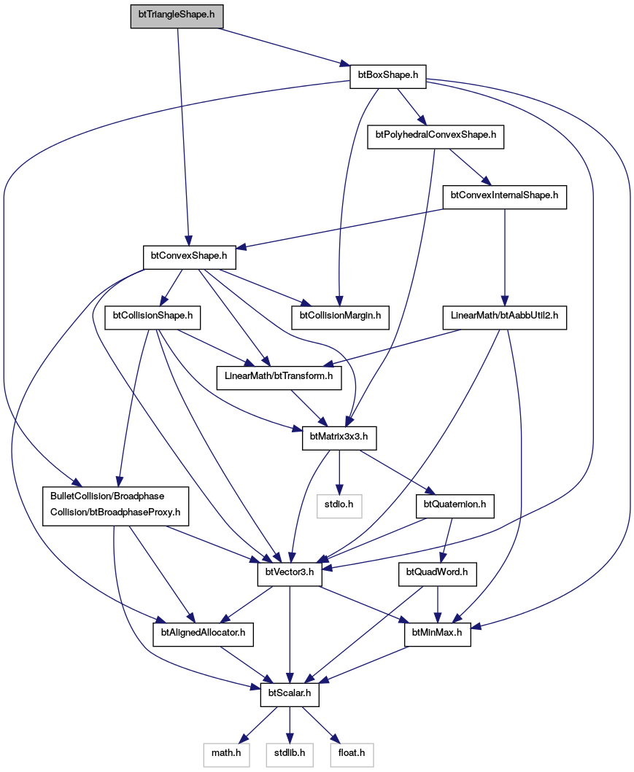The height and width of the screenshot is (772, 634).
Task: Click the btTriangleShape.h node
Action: pyautogui.click(x=177, y=15)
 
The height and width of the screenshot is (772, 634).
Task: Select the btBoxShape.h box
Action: pyautogui.click(x=387, y=75)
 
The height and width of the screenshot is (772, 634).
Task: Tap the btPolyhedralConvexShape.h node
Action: pyautogui.click(x=436, y=135)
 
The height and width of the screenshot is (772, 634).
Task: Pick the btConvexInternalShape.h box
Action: pyautogui.click(x=504, y=195)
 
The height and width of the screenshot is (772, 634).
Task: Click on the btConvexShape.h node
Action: pyautogui.click(x=189, y=256)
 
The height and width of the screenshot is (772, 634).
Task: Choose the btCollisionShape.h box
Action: pyautogui.click(x=152, y=316)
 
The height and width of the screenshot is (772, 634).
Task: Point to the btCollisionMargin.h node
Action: pyautogui.click(x=341, y=316)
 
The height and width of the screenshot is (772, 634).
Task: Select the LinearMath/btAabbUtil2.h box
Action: pyautogui.click(x=504, y=316)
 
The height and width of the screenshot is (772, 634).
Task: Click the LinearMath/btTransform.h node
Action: pyautogui.click(x=279, y=377)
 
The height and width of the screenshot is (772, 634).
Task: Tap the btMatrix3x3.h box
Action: pyautogui.click(x=339, y=437)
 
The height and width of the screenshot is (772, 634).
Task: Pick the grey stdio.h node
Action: pyautogui.click(x=339, y=505)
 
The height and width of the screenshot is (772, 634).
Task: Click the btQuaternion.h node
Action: pyautogui.click(x=455, y=505)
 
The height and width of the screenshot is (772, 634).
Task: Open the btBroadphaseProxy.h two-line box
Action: pyautogui.click(x=115, y=506)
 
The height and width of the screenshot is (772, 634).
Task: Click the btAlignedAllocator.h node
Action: pyautogui.click(x=203, y=633)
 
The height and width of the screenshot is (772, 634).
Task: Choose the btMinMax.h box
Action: pyautogui.click(x=437, y=633)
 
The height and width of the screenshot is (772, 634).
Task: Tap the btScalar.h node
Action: pyautogui.click(x=290, y=694)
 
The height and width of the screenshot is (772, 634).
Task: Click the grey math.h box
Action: pyautogui.click(x=226, y=754)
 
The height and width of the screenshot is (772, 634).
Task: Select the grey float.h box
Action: pyautogui.click(x=351, y=754)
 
